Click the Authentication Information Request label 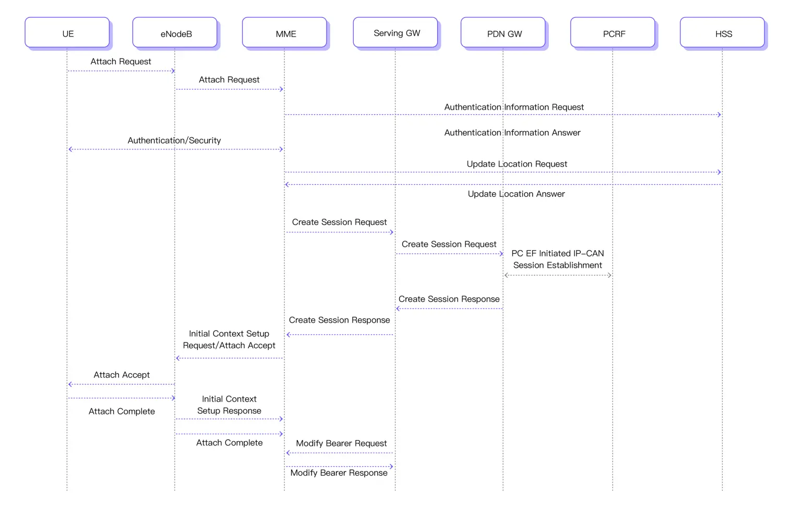514,107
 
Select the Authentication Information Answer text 512,133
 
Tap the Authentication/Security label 174,140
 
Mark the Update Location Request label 516,164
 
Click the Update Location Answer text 516,194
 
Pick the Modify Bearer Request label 341,443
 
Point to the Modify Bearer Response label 339,472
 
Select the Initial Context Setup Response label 229,405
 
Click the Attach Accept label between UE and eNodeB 122,375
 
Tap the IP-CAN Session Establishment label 557,259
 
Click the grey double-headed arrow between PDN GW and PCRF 558,275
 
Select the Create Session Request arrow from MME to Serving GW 340,232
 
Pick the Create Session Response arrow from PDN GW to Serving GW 449,309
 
